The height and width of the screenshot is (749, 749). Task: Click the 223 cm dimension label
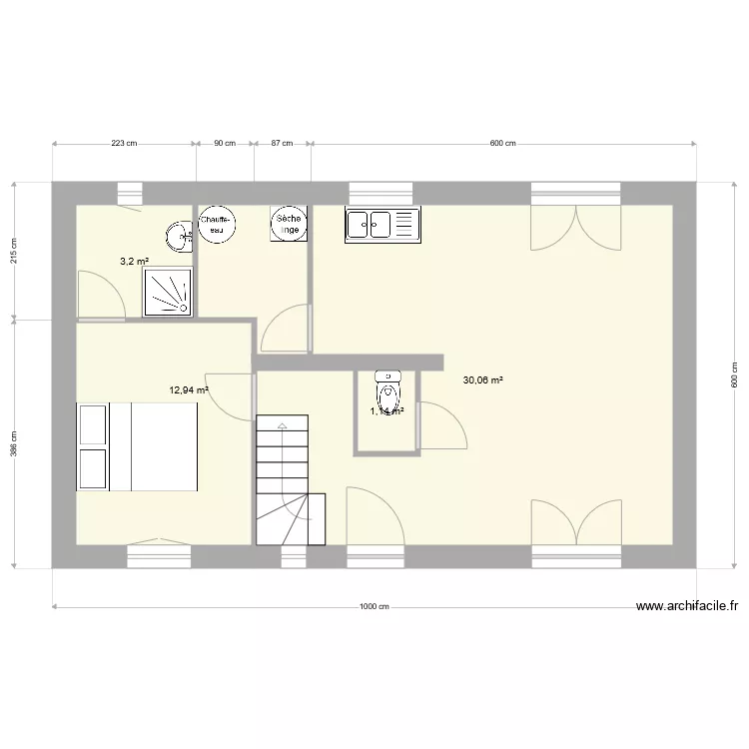[124, 144]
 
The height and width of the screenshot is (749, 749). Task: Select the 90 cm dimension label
[224, 144]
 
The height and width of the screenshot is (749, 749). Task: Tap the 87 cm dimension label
[282, 144]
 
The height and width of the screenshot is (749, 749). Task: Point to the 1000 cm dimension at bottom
[374, 606]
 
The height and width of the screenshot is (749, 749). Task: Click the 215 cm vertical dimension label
[14, 251]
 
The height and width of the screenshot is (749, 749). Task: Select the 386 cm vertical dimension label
[14, 443]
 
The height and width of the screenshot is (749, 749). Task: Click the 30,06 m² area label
[482, 379]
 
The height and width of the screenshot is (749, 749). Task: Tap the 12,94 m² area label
[189, 391]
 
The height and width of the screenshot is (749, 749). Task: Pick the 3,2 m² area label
[134, 262]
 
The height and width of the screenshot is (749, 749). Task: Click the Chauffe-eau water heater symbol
[216, 225]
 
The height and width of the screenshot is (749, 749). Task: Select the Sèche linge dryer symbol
[289, 225]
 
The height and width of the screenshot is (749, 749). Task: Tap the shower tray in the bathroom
[168, 294]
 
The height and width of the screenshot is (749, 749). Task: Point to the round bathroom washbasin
[179, 237]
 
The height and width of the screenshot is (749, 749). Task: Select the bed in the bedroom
[137, 446]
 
